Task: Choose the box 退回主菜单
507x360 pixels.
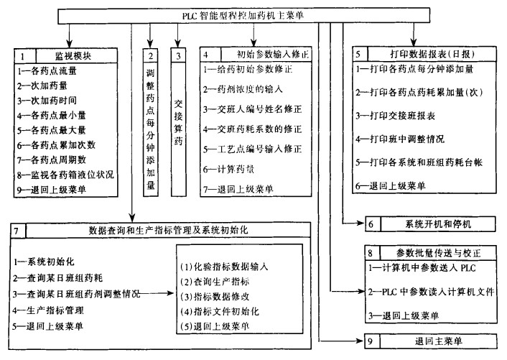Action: pos(427,341)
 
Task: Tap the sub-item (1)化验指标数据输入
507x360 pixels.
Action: pos(224,266)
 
